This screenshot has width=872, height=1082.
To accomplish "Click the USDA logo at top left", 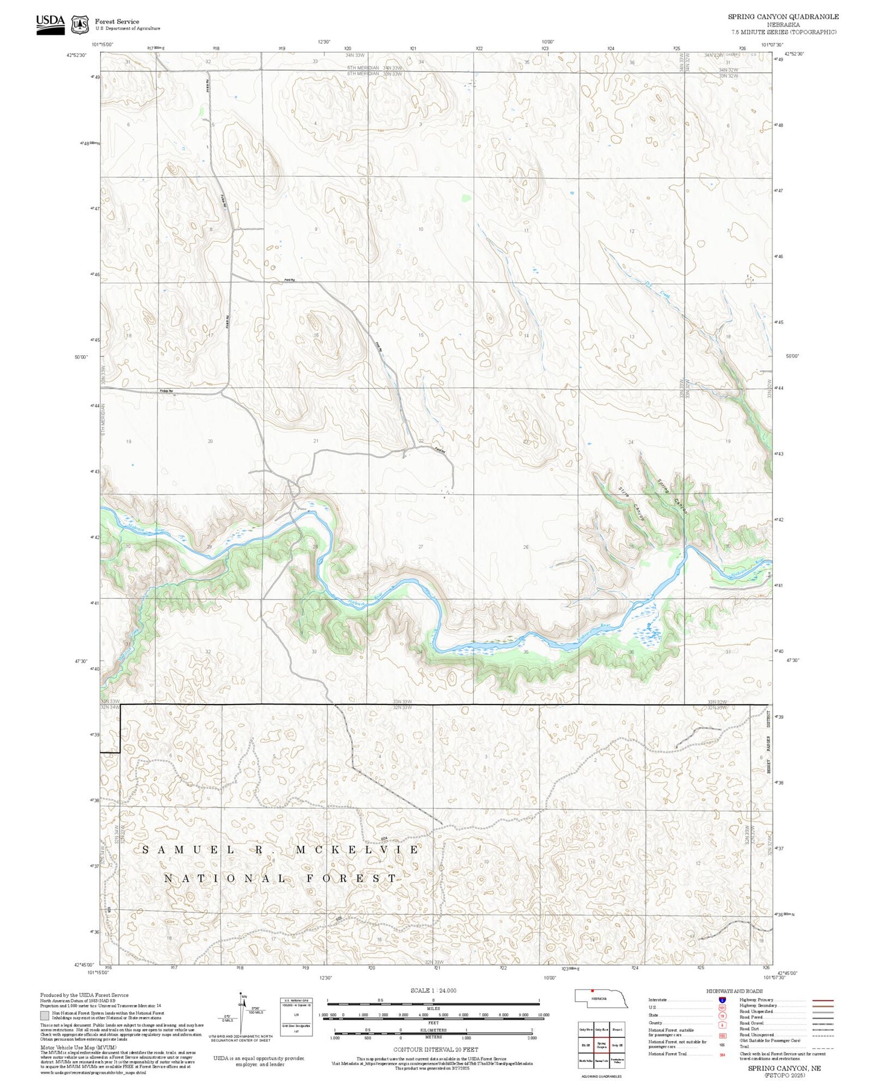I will coord(50,22).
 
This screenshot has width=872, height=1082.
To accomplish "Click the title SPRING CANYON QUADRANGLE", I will coord(783,16).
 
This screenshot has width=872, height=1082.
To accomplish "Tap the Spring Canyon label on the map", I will coord(672,495).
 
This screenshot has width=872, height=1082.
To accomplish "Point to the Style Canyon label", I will coord(631,502).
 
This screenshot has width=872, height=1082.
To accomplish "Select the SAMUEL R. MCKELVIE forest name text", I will coord(281,850).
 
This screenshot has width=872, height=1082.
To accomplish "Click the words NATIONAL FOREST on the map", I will coord(281,879).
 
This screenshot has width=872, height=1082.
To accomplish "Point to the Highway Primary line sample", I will coord(823,1000).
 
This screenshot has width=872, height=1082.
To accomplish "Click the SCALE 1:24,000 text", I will coord(433,990).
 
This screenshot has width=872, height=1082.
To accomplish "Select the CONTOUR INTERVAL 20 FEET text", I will coord(435,1049).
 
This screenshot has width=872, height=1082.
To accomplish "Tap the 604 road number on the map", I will coord(384,839).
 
